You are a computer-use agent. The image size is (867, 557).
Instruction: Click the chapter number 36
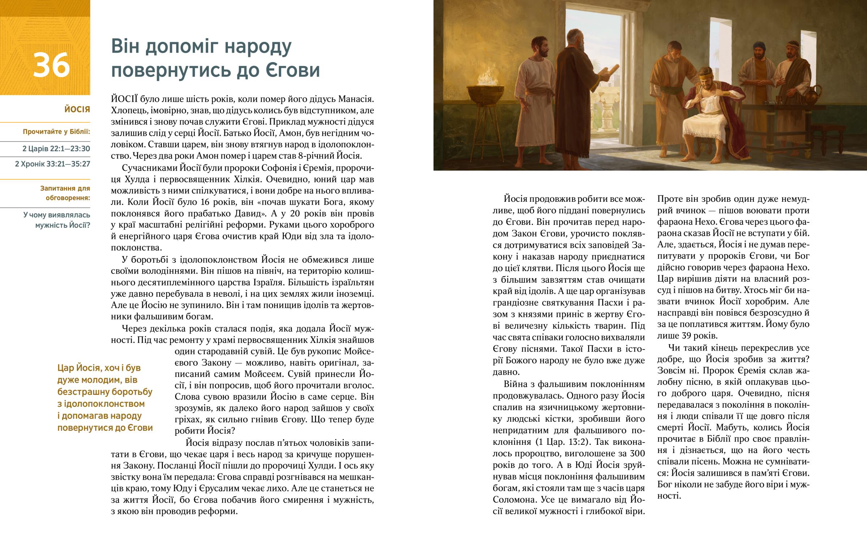pos(51,65)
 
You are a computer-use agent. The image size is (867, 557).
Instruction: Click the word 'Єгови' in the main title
pos(293,70)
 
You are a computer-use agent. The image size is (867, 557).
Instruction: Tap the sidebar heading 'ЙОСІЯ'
pos(77,109)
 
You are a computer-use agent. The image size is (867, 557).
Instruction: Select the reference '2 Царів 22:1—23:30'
pos(56,149)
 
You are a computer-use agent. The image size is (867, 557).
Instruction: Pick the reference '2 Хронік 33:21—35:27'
pos(52,164)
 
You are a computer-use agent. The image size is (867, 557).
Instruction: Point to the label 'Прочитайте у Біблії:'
pos(56,132)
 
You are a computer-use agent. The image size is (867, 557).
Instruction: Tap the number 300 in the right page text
pos(637,453)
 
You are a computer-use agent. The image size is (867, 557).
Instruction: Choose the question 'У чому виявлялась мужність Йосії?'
pos(57,220)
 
